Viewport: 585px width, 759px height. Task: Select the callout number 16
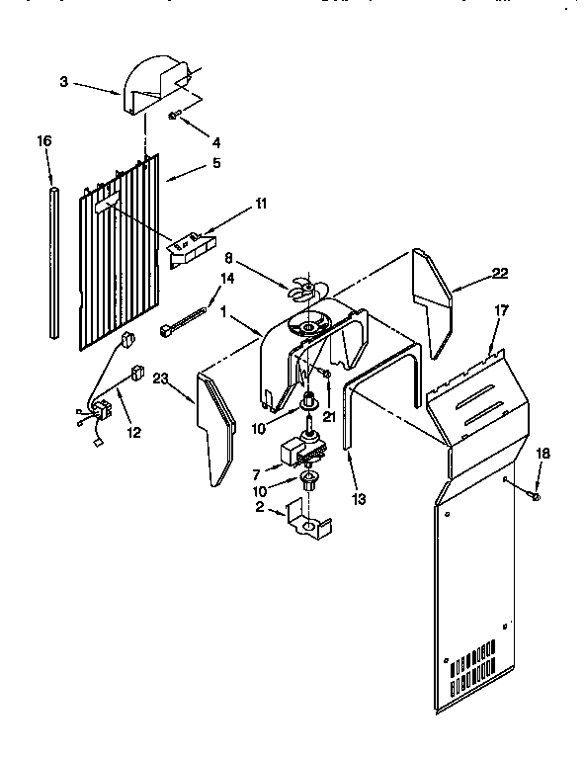coord(43,141)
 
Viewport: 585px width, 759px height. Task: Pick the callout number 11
coord(261,204)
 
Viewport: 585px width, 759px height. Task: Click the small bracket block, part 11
coord(190,246)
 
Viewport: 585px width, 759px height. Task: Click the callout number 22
coord(501,274)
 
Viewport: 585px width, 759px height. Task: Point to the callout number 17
coord(501,311)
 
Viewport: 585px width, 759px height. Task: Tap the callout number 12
coord(132,431)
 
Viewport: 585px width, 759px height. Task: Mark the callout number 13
coord(359,500)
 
